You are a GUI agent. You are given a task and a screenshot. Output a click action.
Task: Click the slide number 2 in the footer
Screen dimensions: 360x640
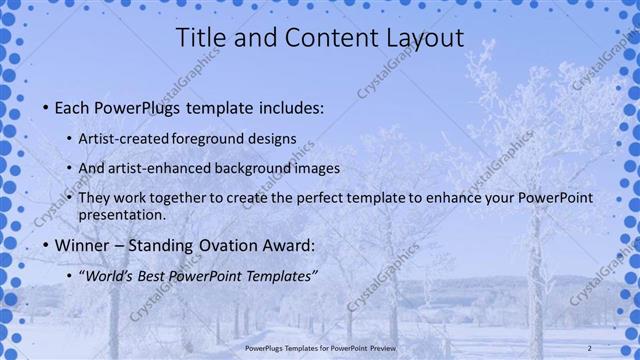point(589,347)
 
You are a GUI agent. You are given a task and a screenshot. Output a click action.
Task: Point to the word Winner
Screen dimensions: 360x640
point(87,246)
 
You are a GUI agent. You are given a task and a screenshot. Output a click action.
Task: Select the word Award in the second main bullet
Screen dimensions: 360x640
point(289,246)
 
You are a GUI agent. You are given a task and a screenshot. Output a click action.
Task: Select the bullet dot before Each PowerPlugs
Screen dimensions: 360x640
point(45,107)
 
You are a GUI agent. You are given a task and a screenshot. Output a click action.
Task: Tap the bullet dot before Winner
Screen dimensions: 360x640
point(45,246)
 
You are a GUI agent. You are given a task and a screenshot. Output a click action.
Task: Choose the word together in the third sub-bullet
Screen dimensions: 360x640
point(181,199)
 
